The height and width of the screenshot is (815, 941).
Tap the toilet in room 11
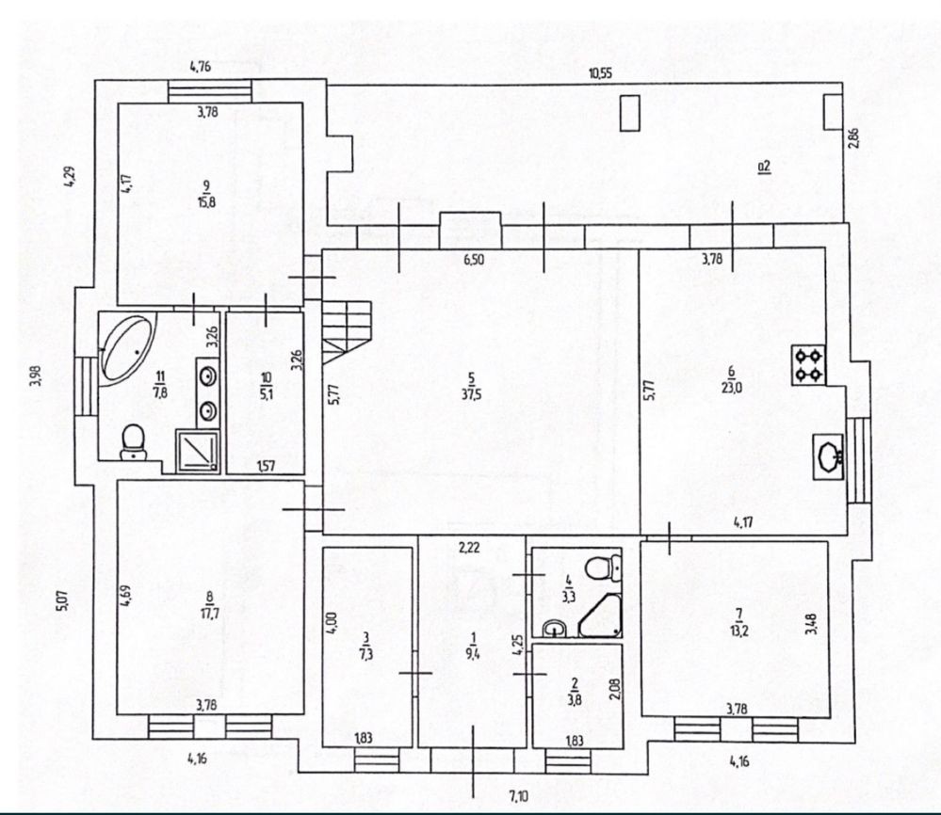point(135,440)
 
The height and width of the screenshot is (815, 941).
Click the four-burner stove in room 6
point(807,365)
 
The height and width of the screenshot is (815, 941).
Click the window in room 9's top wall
point(210,90)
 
